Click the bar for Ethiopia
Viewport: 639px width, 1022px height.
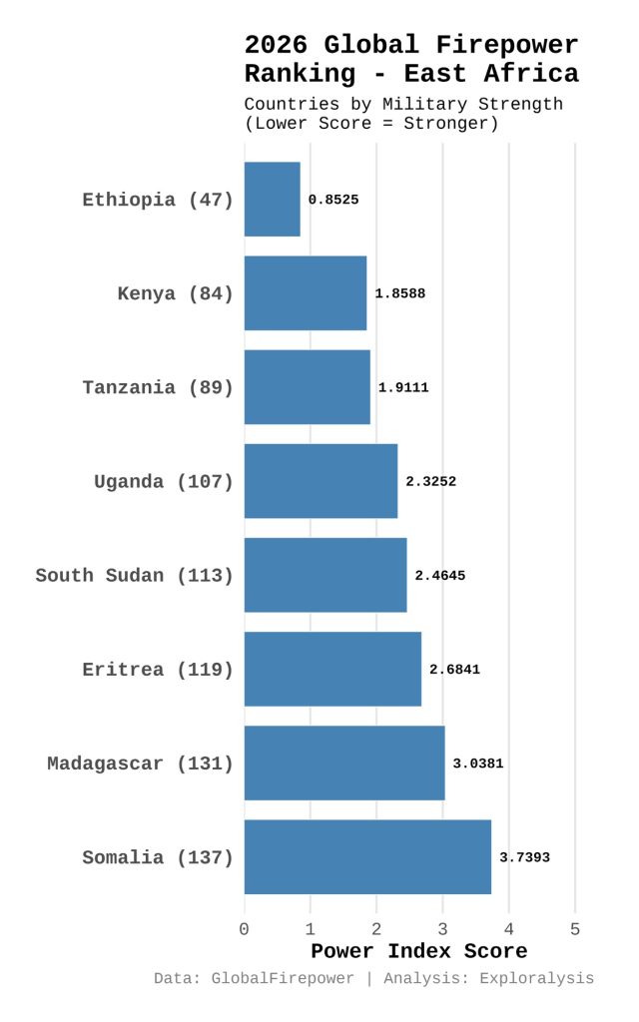[272, 200]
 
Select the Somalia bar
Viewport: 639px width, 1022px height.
[367, 856]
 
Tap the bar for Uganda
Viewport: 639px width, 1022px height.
[320, 481]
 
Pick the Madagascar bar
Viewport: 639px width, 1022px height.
[344, 763]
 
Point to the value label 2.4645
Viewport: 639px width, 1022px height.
[440, 575]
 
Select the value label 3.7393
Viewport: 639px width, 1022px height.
[525, 856]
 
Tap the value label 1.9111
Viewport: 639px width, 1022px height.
[403, 387]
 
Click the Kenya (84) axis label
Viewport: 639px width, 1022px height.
[175, 293]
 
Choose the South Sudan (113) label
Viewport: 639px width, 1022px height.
[134, 575]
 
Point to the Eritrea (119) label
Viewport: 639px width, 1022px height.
[158, 669]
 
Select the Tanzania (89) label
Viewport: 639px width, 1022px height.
[158, 387]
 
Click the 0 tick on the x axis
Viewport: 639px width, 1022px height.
[245, 929]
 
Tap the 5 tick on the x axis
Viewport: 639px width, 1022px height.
[575, 929]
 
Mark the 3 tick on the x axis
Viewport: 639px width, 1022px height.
[442, 929]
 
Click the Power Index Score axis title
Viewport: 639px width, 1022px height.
[418, 951]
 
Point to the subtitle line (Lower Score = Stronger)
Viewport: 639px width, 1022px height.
[371, 123]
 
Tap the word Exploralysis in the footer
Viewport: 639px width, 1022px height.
[536, 978]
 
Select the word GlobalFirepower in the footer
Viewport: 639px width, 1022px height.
[283, 978]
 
